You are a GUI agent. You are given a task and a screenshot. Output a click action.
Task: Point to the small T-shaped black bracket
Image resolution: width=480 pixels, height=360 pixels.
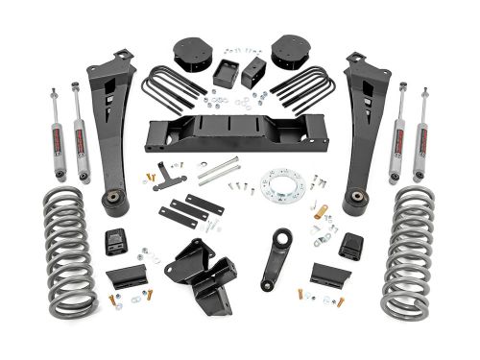pyautogui.click(x=172, y=175)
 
